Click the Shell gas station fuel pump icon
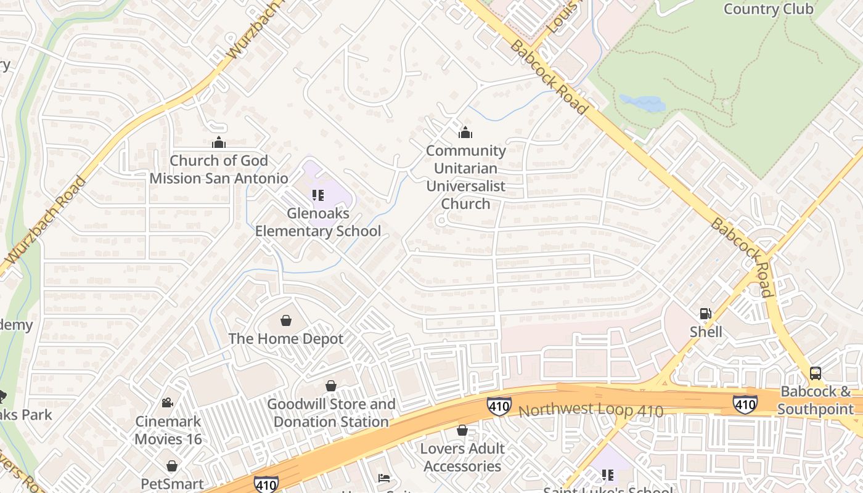tap(705, 314)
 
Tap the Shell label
tap(705, 332)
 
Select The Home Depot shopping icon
tap(285, 320)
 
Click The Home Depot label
tap(285, 338)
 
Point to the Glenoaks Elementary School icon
tap(317, 195)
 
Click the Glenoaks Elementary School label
tap(317, 222)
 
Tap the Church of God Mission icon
tap(218, 142)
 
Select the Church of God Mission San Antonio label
tap(218, 169)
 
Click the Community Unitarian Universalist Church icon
tap(465, 132)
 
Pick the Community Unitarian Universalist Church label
tap(465, 177)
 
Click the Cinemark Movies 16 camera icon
tap(167, 403)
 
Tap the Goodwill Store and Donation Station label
tap(331, 413)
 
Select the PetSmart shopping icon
tap(172, 466)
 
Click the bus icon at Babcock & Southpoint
tap(815, 373)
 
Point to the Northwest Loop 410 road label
tap(591, 409)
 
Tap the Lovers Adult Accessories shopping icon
tap(462, 430)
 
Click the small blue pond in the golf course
tap(642, 103)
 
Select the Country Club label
tap(768, 9)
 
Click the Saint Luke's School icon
tap(607, 475)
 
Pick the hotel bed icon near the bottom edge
tap(383, 478)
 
